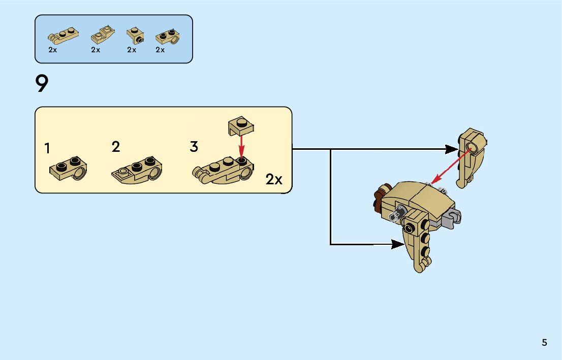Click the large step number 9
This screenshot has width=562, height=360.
tap(42, 84)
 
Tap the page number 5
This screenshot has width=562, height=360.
tap(544, 343)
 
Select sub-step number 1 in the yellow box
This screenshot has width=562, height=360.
tap(47, 149)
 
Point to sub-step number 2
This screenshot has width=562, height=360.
tap(116, 147)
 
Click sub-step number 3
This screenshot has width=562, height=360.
tap(194, 147)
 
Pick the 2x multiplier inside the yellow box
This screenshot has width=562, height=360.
tap(274, 179)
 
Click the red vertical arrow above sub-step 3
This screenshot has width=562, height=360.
tap(242, 144)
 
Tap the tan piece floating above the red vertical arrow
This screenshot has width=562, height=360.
tap(241, 125)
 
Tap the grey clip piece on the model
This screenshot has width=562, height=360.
tap(452, 218)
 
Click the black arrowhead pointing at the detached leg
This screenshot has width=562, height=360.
tap(451, 149)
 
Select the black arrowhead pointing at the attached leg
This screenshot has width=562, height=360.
tap(399, 244)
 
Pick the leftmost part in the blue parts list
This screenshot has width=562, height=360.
tap(62, 36)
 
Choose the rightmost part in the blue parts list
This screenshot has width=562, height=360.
tap(168, 37)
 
